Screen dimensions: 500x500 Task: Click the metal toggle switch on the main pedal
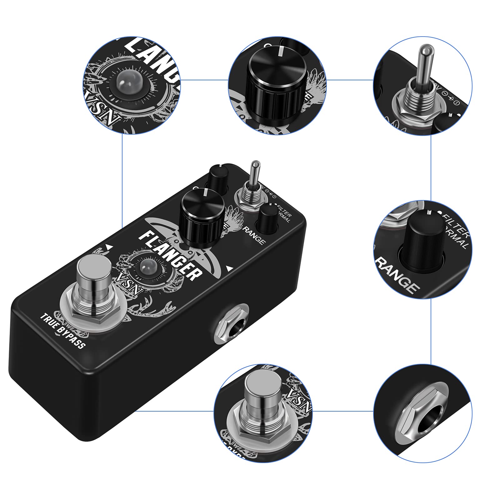pos(256,178)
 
